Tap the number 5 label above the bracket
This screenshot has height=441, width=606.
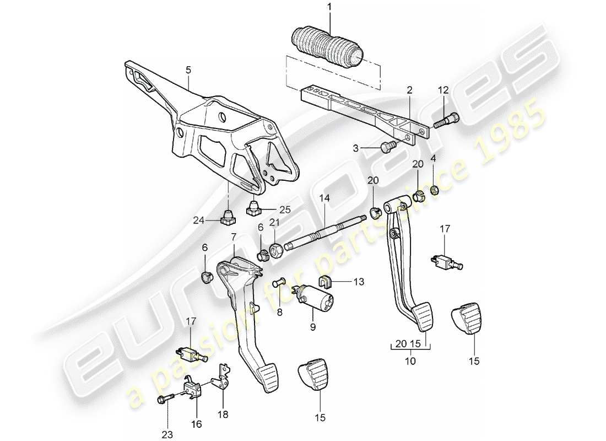pos(188,70)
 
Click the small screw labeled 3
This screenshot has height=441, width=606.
pos(387,146)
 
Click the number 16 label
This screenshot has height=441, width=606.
pos(196,424)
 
